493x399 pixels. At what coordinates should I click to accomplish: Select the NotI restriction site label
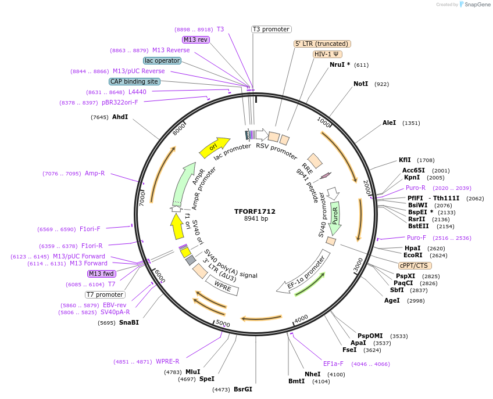(x=360, y=84)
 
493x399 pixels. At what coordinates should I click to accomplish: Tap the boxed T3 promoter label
(x=271, y=29)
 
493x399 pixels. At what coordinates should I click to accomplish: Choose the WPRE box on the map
(x=222, y=285)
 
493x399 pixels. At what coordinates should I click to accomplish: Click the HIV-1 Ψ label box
(x=327, y=54)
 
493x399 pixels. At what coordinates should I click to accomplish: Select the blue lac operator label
(x=162, y=60)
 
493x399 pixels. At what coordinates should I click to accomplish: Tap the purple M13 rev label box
(x=195, y=39)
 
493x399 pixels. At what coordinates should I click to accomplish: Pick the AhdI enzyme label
(x=120, y=117)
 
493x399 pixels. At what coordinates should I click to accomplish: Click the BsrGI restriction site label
(x=243, y=389)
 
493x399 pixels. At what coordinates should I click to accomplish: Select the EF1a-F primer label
(x=333, y=364)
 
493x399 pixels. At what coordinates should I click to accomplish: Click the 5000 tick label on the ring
(x=223, y=323)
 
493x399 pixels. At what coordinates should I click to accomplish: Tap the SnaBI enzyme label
(x=129, y=322)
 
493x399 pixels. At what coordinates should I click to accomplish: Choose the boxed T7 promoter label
(x=105, y=294)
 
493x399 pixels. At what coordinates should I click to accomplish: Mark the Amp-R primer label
(x=95, y=173)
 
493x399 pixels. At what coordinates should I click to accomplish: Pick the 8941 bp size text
(x=255, y=218)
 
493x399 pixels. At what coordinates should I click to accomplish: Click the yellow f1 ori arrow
(x=177, y=227)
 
